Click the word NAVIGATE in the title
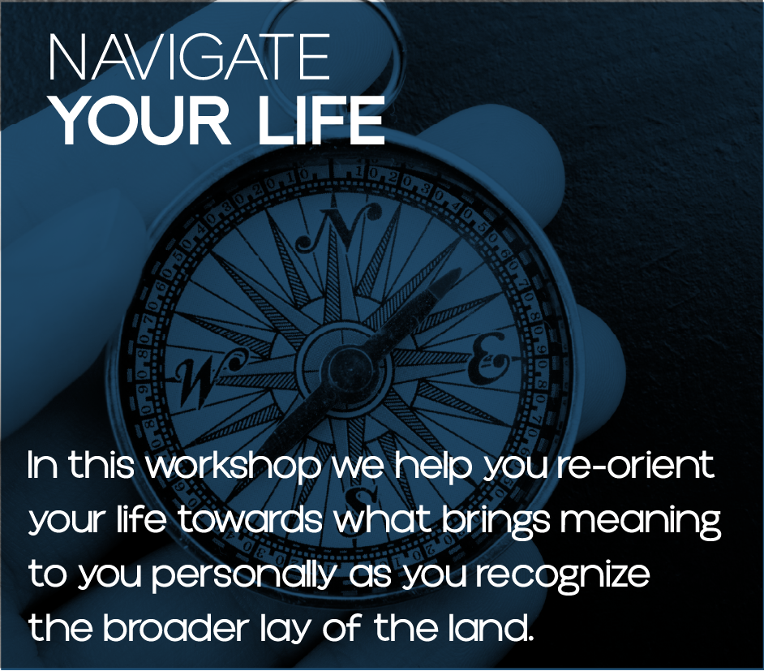tap(190, 58)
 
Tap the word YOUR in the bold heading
tap(141, 120)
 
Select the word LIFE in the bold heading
tap(321, 120)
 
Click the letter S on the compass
tap(361, 498)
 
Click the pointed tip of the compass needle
tap(459, 269)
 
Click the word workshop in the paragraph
tap(234, 467)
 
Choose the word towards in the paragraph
tap(250, 519)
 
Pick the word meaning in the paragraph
tap(640, 523)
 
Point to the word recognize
tap(563, 577)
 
